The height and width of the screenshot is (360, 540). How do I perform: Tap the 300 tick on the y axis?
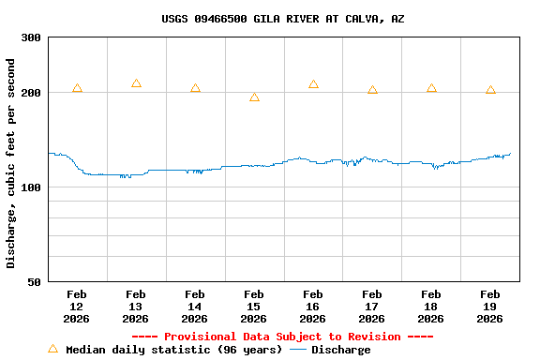(x=31, y=37)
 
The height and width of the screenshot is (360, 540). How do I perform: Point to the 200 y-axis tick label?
(x=31, y=93)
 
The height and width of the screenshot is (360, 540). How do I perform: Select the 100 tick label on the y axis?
(x=31, y=187)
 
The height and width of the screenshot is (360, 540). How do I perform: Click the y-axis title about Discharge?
(x=11, y=163)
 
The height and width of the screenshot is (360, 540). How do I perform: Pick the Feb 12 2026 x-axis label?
(x=76, y=307)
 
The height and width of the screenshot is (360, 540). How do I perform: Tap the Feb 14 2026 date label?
(x=194, y=307)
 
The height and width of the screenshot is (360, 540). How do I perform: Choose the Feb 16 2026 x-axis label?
(x=312, y=307)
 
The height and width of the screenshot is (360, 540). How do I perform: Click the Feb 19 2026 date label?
(x=489, y=307)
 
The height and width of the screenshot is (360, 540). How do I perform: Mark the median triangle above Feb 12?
(x=77, y=88)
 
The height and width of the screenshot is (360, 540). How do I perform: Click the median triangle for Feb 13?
(x=136, y=83)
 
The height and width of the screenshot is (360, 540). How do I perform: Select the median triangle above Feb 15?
(x=254, y=97)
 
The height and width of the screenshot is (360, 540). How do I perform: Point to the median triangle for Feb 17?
(x=372, y=90)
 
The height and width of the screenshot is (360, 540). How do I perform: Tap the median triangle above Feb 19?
(x=490, y=90)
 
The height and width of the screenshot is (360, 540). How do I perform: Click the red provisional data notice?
(x=282, y=337)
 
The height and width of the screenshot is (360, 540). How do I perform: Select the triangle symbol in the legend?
(x=52, y=349)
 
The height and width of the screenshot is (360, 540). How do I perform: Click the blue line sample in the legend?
(x=298, y=350)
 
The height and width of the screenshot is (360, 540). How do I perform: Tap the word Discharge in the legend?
(x=340, y=350)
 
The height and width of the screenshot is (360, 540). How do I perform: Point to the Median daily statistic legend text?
(x=173, y=350)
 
